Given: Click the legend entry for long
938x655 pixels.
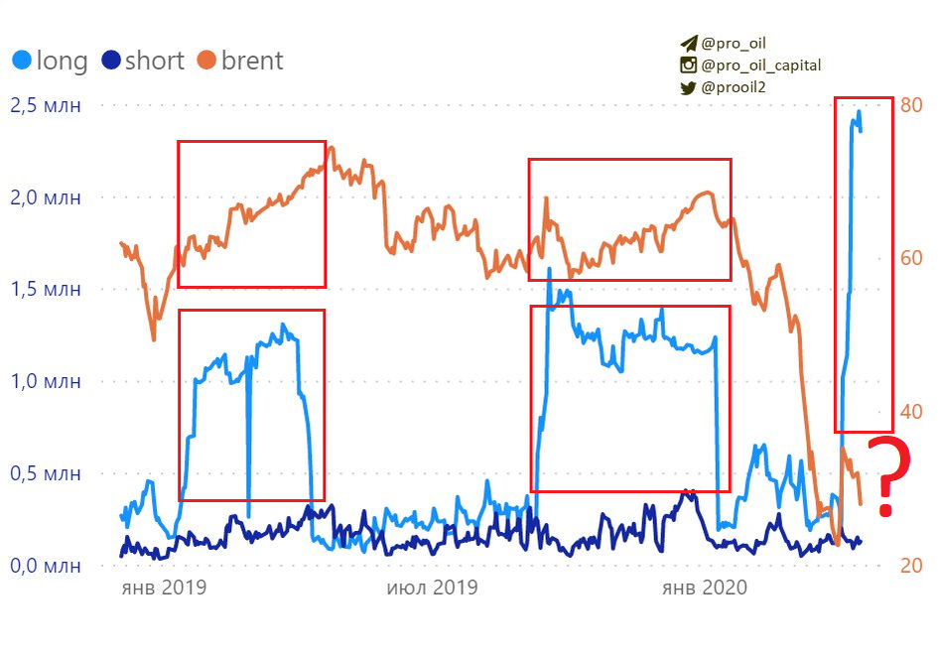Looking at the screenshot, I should (x=50, y=61).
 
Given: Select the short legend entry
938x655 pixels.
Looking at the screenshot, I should (x=142, y=61).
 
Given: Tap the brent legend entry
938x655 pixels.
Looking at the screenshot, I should (x=239, y=61).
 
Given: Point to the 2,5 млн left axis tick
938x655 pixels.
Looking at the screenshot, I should (x=45, y=105).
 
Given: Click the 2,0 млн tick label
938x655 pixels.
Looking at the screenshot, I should (x=45, y=197).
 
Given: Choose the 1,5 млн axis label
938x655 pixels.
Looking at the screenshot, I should (x=45, y=290).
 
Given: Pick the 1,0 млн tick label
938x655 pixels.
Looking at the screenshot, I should (x=45, y=381).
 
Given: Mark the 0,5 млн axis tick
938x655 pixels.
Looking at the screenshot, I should (x=45, y=473).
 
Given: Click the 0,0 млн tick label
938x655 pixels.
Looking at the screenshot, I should (x=45, y=566).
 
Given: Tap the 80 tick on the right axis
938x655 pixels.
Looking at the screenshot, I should (x=911, y=105).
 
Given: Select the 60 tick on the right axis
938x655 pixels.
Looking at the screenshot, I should (x=911, y=259).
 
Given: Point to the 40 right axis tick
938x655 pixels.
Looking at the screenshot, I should (x=911, y=412).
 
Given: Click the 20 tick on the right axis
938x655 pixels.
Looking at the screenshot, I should (x=911, y=566).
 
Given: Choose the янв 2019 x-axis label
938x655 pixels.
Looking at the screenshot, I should (x=163, y=588).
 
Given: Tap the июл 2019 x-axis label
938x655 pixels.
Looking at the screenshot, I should (x=432, y=588).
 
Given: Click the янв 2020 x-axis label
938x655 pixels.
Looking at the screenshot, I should (x=705, y=588).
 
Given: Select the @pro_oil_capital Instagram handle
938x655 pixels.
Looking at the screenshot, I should (x=760, y=65).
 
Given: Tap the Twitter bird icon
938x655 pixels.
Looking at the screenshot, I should (x=688, y=87).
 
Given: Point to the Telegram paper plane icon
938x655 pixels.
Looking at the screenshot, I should (x=688, y=44).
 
